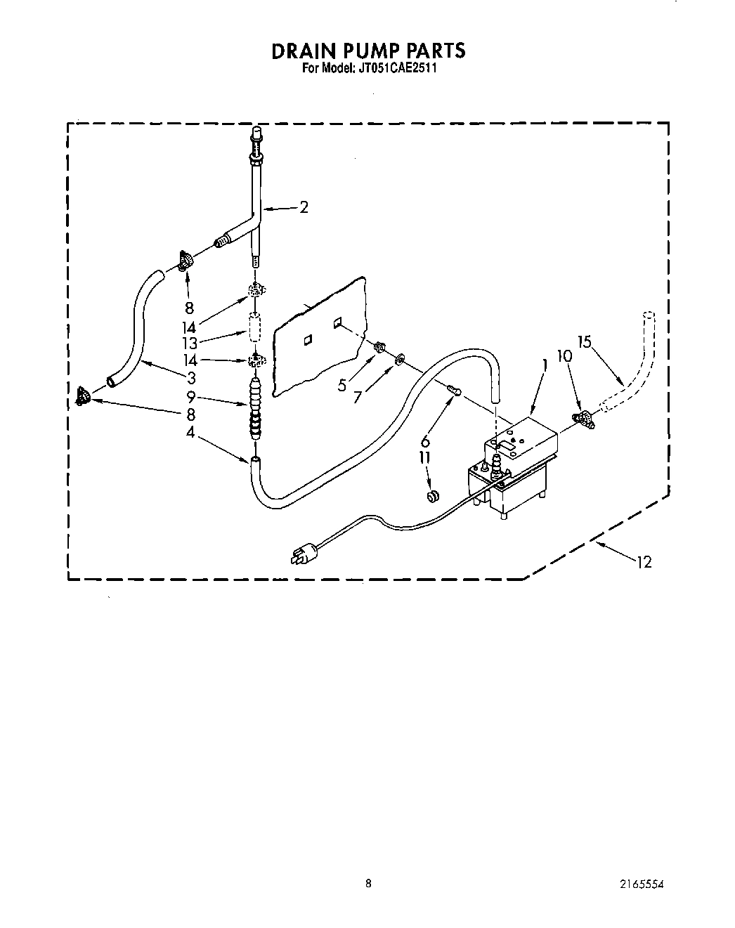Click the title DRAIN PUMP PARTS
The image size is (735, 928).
click(x=367, y=51)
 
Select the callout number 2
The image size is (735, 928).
click(x=304, y=207)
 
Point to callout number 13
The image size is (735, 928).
click(x=190, y=344)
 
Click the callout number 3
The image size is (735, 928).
click(x=191, y=377)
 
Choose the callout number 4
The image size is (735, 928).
click(x=190, y=432)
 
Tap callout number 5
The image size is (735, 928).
click(x=342, y=385)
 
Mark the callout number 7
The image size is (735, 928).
click(x=357, y=398)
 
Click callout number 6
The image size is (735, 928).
click(x=424, y=442)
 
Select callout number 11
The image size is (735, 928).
click(x=425, y=457)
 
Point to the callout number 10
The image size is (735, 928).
click(x=564, y=357)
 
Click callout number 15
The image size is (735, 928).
click(x=585, y=342)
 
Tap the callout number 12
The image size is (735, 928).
click(x=644, y=562)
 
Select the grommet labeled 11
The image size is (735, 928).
click(x=434, y=496)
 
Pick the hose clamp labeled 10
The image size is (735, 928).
click(x=584, y=419)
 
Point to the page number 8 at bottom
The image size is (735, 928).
click(x=367, y=884)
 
